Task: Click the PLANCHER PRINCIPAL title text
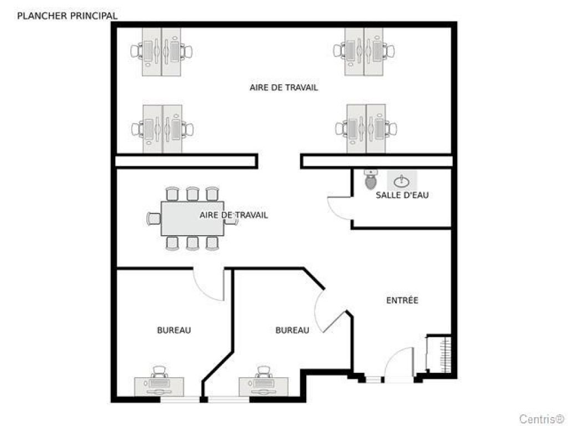click(67, 16)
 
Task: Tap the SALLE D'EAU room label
click(402, 195)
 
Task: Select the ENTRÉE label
click(402, 301)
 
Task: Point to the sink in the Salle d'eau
click(402, 180)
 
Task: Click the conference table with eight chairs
click(192, 218)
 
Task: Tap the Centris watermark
click(541, 418)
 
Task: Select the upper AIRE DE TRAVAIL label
click(283, 88)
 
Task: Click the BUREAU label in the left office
click(174, 330)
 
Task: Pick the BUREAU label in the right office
click(292, 330)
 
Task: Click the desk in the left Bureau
click(159, 386)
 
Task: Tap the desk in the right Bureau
click(264, 386)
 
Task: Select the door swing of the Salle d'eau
click(339, 208)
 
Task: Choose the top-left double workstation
click(162, 52)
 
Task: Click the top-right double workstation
click(364, 52)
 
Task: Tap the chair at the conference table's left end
click(153, 219)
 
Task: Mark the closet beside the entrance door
click(439, 355)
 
